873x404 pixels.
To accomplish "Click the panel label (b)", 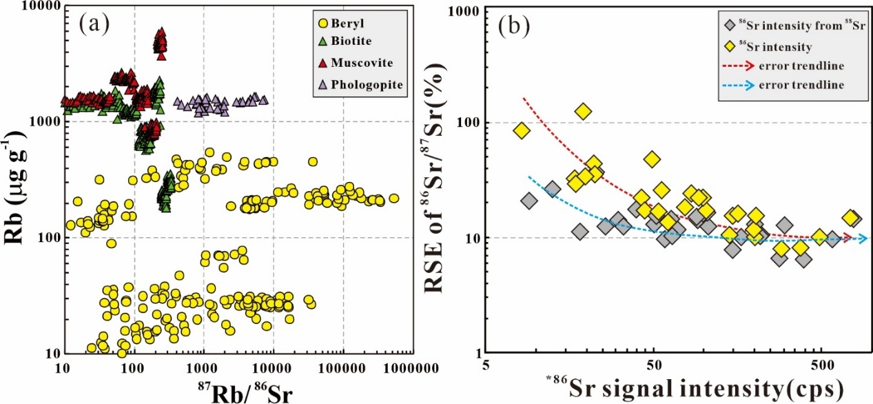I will pos(513,25).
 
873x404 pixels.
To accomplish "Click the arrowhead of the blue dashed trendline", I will pos(863,239).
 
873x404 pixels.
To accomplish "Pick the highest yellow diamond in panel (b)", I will pos(584,111).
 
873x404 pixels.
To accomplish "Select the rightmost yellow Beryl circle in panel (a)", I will pos(393,198).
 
